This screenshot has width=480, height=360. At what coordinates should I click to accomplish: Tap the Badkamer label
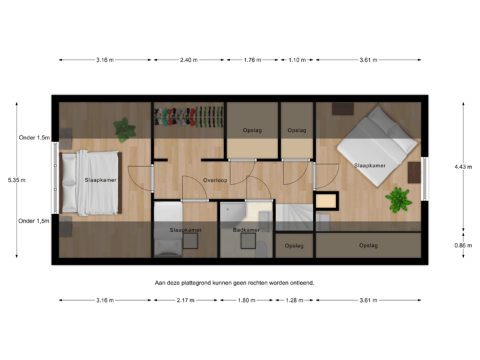click(x=246, y=230)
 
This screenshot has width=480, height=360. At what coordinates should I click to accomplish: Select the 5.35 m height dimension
click(x=15, y=179)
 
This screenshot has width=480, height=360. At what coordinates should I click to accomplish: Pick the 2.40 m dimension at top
click(x=189, y=60)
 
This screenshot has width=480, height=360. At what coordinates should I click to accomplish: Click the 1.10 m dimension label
click(x=297, y=60)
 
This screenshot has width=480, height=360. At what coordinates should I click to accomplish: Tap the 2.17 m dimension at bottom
click(x=186, y=300)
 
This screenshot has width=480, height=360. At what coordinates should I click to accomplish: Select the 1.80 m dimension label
click(x=246, y=300)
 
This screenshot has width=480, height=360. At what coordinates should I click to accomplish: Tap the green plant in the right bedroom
click(x=399, y=199)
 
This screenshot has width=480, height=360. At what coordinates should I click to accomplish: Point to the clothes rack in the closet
click(x=189, y=117)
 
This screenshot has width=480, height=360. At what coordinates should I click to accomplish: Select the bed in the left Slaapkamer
click(x=90, y=182)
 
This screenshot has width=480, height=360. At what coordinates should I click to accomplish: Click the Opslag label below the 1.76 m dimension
click(x=251, y=130)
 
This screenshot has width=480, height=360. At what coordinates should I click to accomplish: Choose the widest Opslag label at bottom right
click(x=369, y=245)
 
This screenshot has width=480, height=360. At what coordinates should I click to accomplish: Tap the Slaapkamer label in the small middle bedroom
click(x=186, y=230)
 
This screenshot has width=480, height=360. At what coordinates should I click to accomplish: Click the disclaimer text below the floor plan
click(x=234, y=283)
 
